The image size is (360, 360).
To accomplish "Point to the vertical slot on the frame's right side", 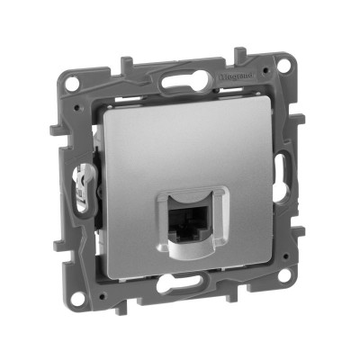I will click(287, 168).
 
